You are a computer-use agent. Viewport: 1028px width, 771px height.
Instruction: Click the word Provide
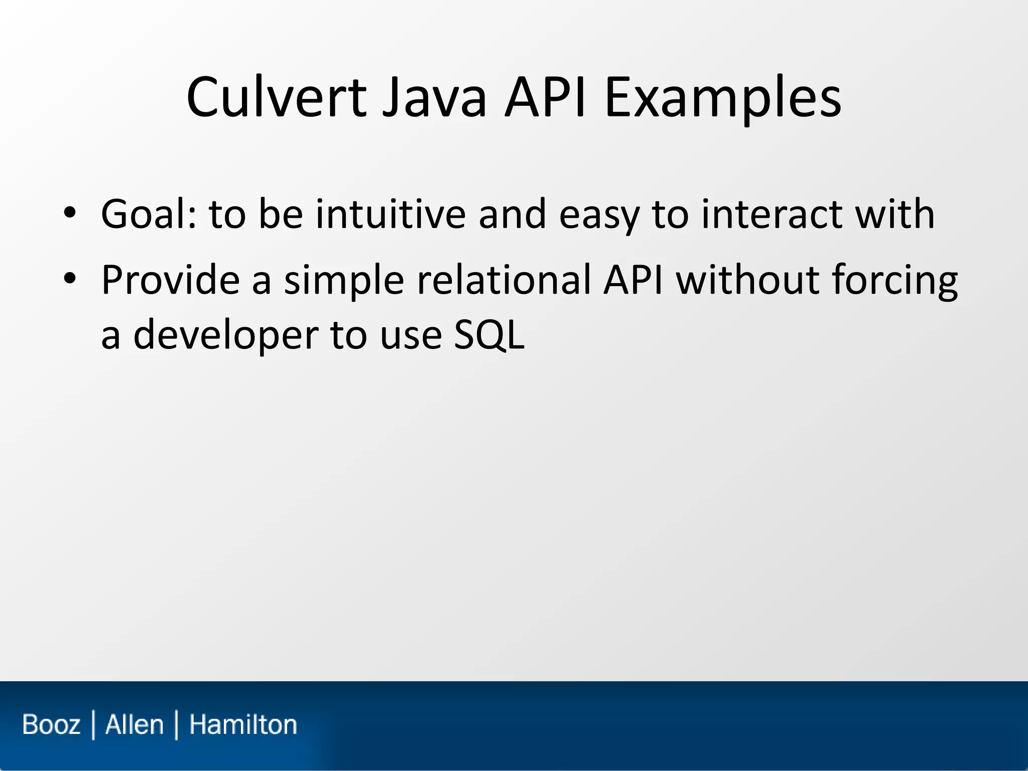pyautogui.click(x=170, y=280)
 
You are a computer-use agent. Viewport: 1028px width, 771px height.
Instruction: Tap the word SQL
pyautogui.click(x=489, y=335)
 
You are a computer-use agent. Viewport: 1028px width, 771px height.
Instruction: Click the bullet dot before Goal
pyautogui.click(x=70, y=213)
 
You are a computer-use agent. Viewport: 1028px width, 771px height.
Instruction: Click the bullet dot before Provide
pyautogui.click(x=70, y=279)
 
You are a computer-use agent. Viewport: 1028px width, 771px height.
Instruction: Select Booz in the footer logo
pyautogui.click(x=51, y=725)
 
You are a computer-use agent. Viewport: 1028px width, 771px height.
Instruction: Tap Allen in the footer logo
pyautogui.click(x=135, y=725)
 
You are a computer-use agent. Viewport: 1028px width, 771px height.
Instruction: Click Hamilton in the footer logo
pyautogui.click(x=243, y=725)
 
